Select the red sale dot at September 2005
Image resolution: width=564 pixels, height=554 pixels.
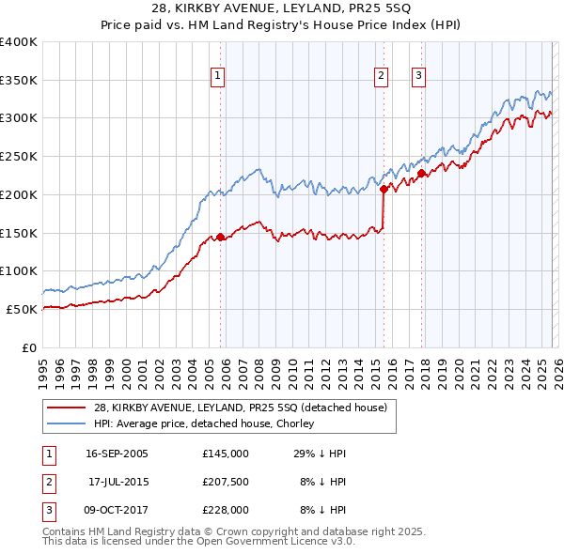click(221, 237)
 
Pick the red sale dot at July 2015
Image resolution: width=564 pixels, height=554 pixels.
click(384, 189)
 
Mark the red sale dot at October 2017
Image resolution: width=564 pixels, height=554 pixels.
click(422, 173)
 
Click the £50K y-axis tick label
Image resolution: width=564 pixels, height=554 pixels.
click(22, 309)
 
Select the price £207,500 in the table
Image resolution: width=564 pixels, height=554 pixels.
click(225, 482)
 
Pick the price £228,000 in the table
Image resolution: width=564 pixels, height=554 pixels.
click(225, 510)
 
